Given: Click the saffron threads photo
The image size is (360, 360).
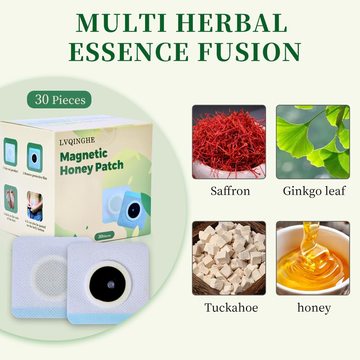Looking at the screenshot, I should click(x=229, y=142).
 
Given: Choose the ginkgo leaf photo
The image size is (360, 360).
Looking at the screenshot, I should click(x=312, y=142).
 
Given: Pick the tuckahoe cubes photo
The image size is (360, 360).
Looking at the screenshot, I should click(x=229, y=258).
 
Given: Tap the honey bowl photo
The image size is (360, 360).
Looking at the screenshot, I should click(x=312, y=258).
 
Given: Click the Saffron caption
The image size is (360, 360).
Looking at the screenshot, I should click(x=230, y=190).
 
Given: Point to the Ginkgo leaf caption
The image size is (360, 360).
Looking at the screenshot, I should click(x=314, y=190).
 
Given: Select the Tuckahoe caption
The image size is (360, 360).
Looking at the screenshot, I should click(x=231, y=307).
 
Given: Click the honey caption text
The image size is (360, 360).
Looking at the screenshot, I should click(x=314, y=307).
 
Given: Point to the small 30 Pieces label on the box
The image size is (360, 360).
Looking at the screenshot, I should click(x=104, y=236).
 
